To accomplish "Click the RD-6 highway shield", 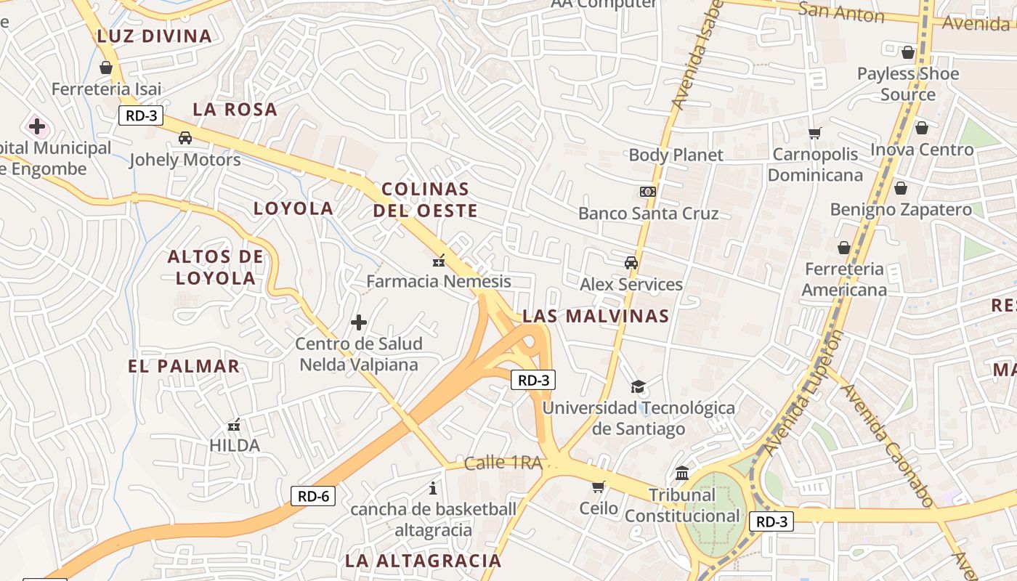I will click(313, 497).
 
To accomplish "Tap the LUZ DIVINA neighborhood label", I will click(154, 36).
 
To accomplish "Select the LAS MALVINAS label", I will click(596, 316).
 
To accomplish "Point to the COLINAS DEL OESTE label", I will click(426, 200).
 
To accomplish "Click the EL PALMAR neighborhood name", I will click(184, 366).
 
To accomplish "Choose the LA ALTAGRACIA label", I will click(423, 561).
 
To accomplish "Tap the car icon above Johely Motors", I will click(185, 137).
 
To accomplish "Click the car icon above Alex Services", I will click(631, 262).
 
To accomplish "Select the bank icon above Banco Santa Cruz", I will click(647, 192).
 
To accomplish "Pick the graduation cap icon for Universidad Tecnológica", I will click(638, 386).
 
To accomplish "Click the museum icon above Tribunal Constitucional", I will click(682, 474).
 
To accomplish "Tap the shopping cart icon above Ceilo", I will click(598, 487).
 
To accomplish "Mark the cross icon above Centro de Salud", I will click(359, 322).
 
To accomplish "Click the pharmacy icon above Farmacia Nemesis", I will click(438, 260).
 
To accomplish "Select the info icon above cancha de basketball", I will click(433, 488).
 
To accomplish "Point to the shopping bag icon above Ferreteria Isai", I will click(106, 68).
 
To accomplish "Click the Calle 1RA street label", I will click(503, 463).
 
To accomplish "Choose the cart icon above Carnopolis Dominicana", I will click(814, 133).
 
